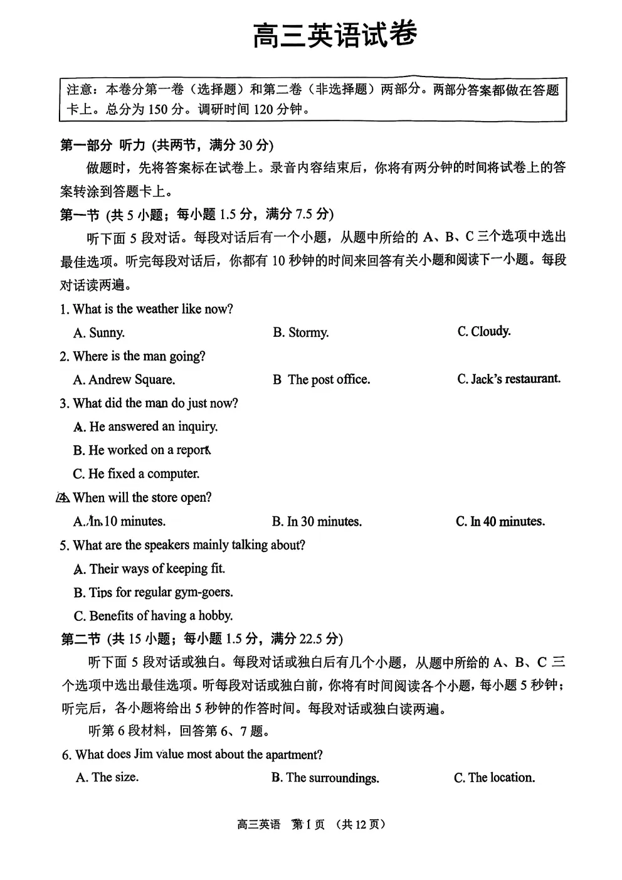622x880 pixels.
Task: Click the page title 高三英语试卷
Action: click(335, 35)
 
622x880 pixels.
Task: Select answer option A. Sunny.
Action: click(99, 332)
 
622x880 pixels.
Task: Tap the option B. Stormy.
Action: click(300, 332)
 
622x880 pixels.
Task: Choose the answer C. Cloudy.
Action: click(483, 331)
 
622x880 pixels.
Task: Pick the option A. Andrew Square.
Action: click(124, 379)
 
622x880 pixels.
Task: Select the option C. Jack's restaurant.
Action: click(509, 379)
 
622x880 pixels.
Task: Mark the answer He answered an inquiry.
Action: click(145, 427)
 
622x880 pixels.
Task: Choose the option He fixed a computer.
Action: click(137, 474)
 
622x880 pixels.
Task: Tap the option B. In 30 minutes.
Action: click(317, 521)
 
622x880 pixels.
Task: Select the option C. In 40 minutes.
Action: click(500, 521)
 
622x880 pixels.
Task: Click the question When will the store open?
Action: click(142, 497)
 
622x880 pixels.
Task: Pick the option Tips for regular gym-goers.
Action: click(153, 592)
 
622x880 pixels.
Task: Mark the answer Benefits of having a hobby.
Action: click(153, 615)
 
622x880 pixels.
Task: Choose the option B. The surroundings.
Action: click(325, 778)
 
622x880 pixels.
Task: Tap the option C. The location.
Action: click(494, 778)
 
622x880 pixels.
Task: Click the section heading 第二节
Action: click(80, 639)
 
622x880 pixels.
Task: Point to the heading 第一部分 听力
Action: click(102, 146)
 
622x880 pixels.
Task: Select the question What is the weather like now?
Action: click(147, 309)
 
